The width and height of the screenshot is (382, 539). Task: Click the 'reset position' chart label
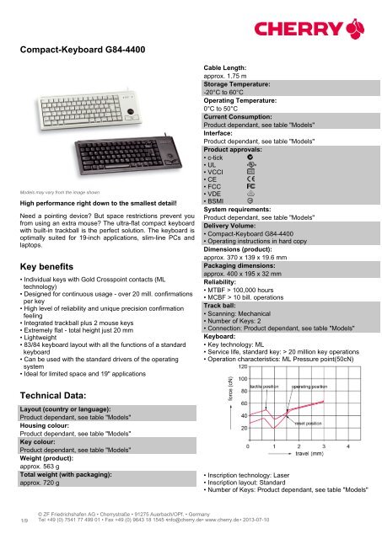point(314,424)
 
